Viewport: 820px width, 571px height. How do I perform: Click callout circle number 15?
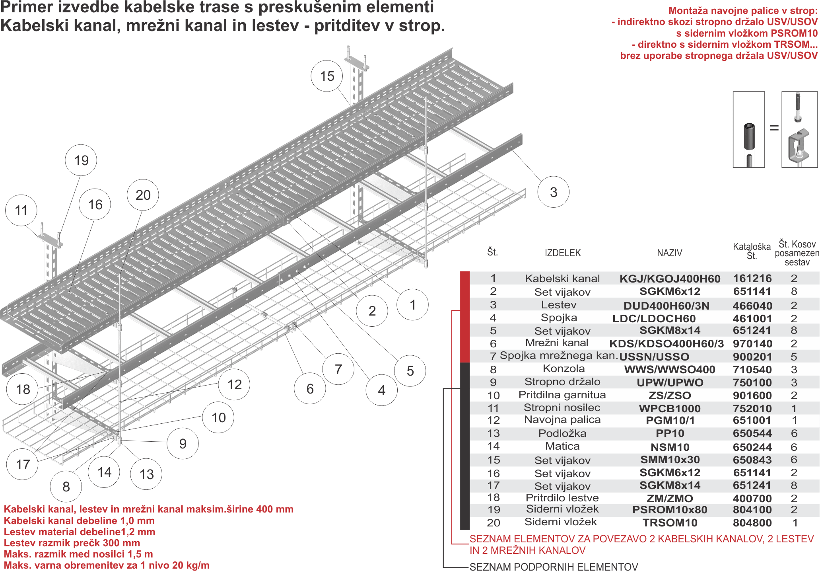pos(327,76)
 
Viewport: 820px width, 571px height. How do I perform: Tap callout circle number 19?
pos(81,160)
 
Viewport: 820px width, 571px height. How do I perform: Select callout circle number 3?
pos(553,192)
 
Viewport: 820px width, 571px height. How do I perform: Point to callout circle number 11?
pos(21,210)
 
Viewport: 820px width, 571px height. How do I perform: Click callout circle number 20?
pos(143,195)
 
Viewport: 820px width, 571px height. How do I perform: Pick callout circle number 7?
pos(338,369)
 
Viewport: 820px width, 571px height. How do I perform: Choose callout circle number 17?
pos(23,464)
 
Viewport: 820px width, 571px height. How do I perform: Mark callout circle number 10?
pos(218,417)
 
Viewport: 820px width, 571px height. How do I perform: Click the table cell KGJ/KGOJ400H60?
pos(670,279)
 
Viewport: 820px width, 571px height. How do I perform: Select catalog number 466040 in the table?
pos(752,306)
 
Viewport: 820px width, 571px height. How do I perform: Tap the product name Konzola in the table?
pos(564,369)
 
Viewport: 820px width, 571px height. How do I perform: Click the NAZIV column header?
pos(669,253)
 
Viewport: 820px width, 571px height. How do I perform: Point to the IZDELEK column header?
pos(563,253)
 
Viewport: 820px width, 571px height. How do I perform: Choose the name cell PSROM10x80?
pos(670,510)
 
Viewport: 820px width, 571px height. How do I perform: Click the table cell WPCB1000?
pos(670,408)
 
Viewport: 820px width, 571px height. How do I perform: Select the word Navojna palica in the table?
pos(562,420)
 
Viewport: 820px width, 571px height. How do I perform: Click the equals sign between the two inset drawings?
pos(774,128)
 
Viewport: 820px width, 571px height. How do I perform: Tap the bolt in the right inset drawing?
pos(798,107)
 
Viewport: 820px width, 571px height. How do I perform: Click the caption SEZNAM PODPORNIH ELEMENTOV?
pos(554,566)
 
